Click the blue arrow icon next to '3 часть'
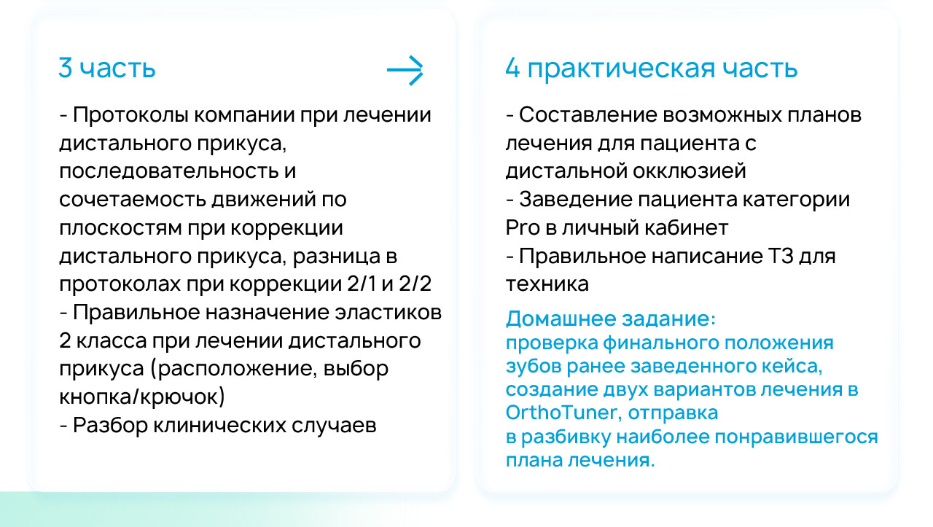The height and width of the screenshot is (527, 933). pos(405,70)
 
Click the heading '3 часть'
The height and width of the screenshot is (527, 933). pos(107,68)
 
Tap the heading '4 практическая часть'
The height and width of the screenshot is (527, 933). pos(652,69)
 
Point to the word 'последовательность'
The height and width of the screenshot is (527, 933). pos(168,171)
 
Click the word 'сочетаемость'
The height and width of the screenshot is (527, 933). pos(133,200)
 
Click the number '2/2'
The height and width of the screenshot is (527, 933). pos(415,284)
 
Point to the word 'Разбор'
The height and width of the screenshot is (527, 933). pos(110,426)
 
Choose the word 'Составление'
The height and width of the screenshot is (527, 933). pos(588,115)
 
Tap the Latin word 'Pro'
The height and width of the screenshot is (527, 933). pos(523,228)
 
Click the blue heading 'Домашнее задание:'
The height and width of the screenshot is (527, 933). pos(611,319)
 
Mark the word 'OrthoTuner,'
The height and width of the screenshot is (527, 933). pos(564,413)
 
